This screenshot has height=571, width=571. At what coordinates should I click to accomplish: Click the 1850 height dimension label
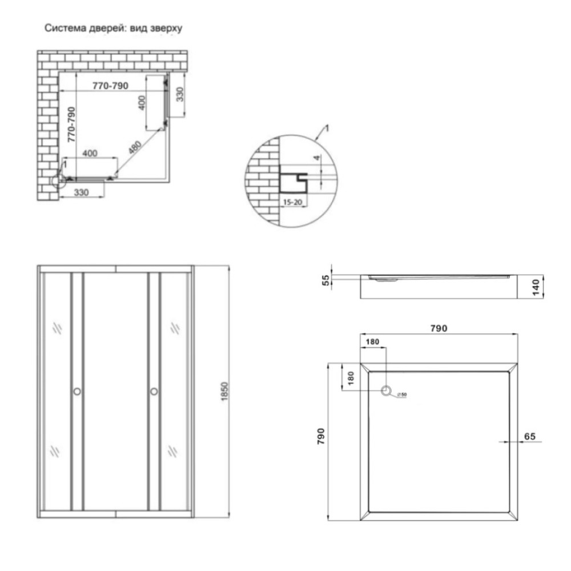point(224,392)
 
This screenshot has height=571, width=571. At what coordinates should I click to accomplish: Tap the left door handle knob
point(77,392)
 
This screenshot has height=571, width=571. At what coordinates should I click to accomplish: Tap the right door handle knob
point(154,392)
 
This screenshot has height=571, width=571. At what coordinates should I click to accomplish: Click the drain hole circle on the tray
point(386,391)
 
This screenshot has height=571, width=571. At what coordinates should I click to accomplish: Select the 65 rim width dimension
point(530,436)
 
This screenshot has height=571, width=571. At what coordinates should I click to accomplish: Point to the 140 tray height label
point(536,287)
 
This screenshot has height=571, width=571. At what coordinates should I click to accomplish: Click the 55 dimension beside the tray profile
point(326,280)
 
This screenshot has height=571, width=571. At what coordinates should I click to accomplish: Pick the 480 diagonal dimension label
point(135,147)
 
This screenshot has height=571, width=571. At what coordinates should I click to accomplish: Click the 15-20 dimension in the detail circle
point(293,202)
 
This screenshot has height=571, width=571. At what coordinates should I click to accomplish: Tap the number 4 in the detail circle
point(317,158)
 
